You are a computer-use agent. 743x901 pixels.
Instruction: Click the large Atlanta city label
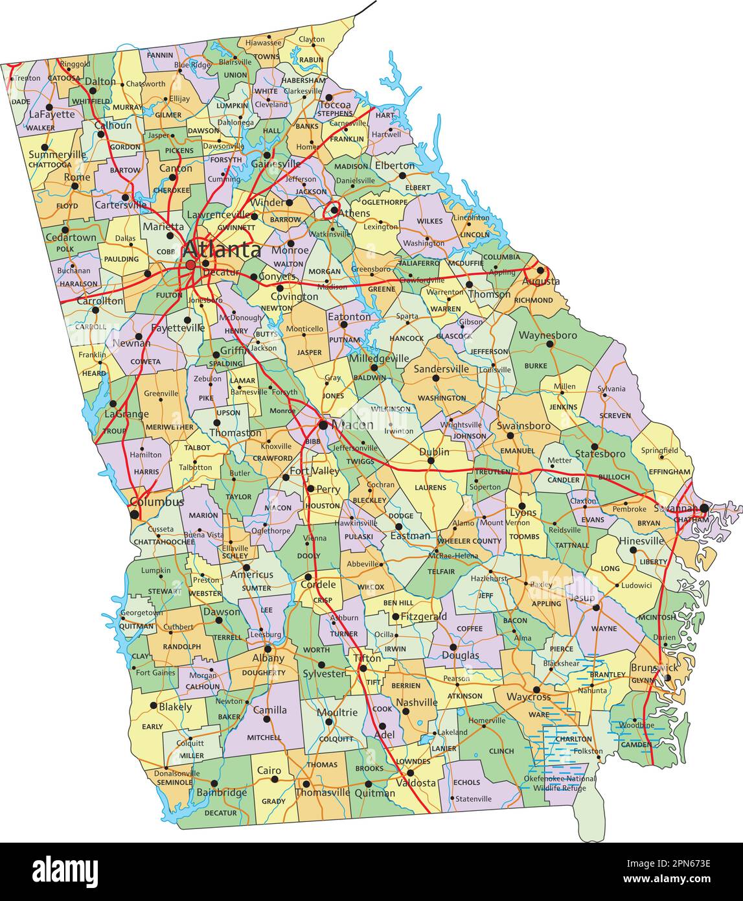(223, 250)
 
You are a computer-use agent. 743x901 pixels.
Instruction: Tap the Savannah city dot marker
(703, 508)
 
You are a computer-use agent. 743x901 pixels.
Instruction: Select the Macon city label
(352, 425)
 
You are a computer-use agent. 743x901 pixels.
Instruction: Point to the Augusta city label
(541, 282)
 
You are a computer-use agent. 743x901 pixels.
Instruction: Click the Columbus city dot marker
(134, 515)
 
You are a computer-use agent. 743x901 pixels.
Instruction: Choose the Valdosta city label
(416, 783)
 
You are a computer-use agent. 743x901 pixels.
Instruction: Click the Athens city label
(354, 213)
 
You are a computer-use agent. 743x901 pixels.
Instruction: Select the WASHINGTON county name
(442, 398)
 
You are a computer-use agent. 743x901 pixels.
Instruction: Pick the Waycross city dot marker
(536, 690)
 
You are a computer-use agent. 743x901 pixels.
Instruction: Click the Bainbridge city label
(222, 793)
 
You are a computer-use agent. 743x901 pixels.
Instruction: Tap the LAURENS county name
(431, 487)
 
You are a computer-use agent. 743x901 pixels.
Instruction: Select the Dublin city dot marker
(431, 461)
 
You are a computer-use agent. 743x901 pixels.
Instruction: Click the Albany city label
(268, 658)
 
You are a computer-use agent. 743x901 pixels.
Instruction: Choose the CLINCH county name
(501, 751)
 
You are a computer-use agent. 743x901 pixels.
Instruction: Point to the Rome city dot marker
(75, 186)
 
